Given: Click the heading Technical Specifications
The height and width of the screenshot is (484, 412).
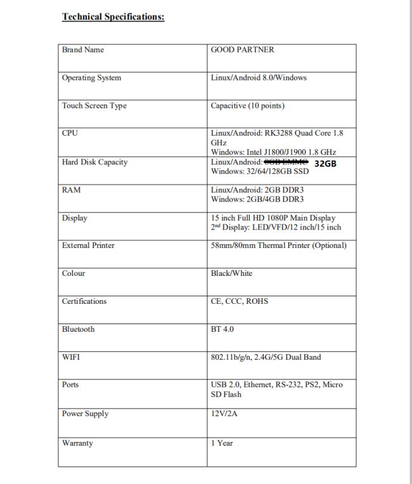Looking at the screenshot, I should coord(113,17).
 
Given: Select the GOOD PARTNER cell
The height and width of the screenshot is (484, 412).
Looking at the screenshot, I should coord(242,50).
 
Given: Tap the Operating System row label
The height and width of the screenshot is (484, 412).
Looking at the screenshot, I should coord(91,78).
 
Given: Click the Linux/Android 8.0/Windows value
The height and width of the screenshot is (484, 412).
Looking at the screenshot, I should coord(259,78).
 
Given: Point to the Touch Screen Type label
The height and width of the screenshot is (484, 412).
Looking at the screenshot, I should coord(94,106).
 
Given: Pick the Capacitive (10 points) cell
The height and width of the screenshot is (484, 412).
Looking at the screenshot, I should coord(247,106).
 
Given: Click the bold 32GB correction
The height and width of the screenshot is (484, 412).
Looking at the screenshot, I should coord(325,163).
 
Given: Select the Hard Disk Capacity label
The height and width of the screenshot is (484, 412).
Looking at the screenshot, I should coord(94,162).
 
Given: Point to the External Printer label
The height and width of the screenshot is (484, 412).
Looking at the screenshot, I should coord(88,245).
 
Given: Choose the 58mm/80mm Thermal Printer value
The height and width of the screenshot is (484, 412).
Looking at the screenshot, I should coord(278,245).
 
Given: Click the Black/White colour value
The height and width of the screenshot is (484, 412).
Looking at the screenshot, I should coord(231,273).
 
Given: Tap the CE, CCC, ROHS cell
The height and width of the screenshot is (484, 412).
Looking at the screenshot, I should coord(239,301).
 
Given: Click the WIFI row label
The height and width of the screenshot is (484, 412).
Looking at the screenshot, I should coord(71,357).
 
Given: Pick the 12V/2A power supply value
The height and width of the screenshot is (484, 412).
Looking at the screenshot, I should coord(224,414).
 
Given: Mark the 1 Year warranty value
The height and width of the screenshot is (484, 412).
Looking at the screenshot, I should coord(222,443).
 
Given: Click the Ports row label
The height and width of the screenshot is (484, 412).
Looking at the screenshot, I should coord(70,385).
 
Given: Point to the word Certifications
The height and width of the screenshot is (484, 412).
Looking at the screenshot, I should coord(84,301).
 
